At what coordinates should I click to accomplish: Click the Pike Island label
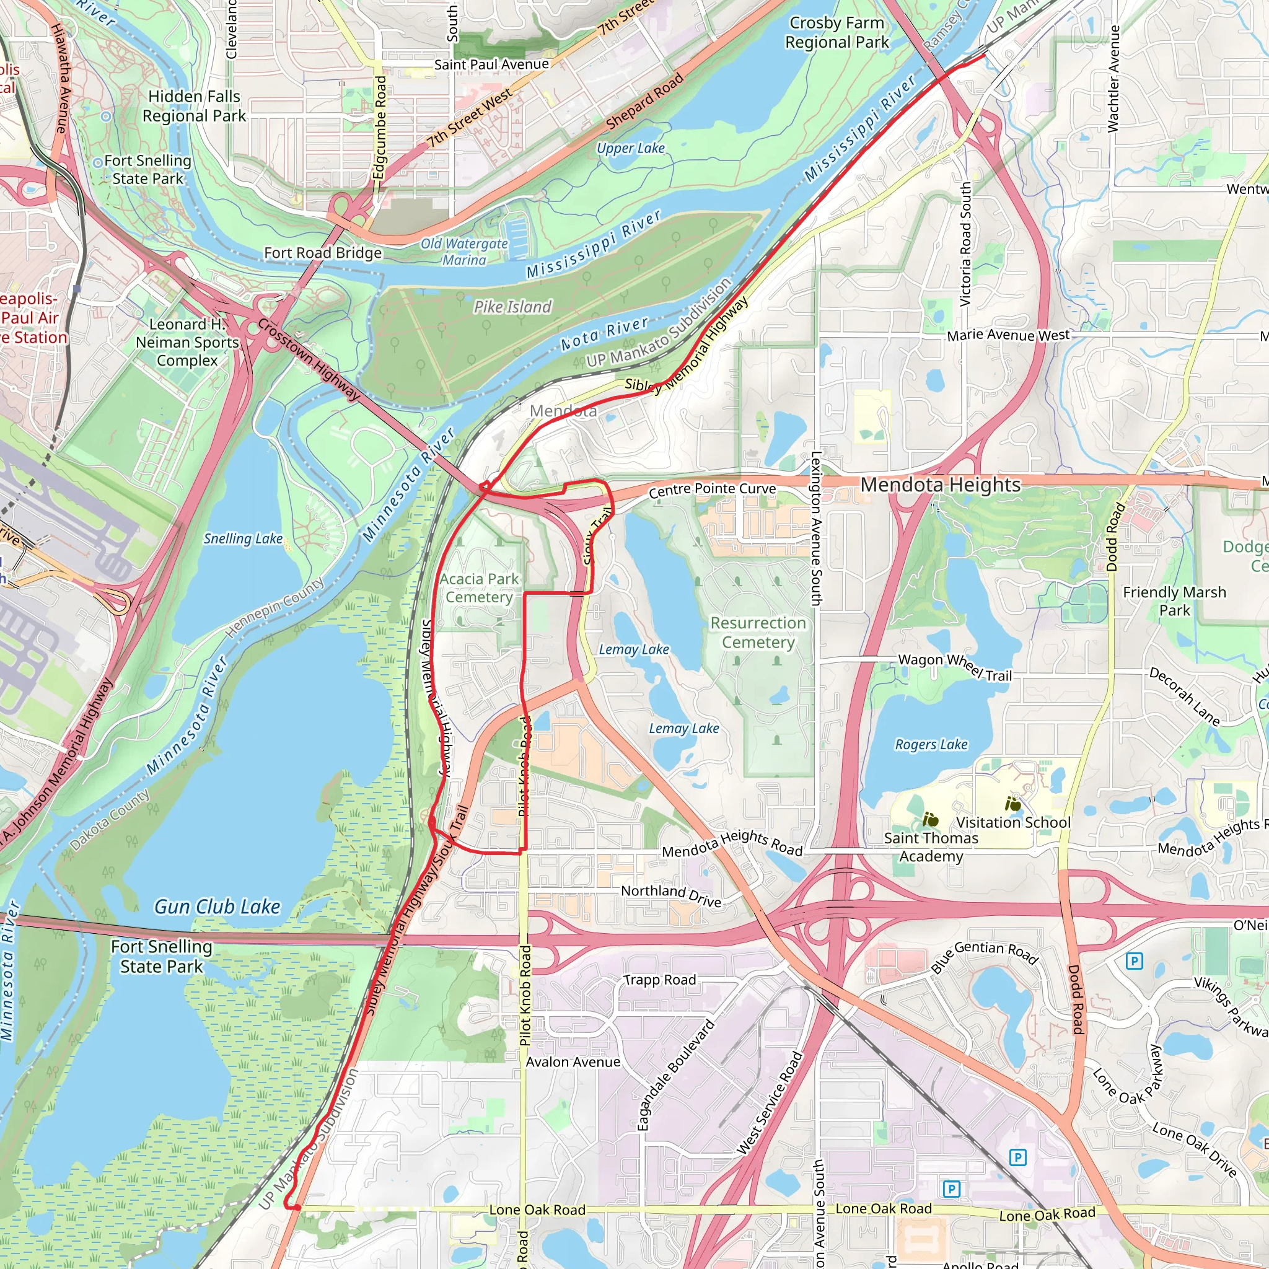point(512,307)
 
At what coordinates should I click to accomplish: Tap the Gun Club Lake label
point(217,907)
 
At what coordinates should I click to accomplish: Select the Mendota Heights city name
point(940,485)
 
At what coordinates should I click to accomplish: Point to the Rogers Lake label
point(931,745)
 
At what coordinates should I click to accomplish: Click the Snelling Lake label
point(242,538)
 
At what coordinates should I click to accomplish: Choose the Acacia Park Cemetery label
point(479,588)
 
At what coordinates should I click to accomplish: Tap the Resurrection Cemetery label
point(758,632)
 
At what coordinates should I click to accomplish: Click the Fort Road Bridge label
point(322,253)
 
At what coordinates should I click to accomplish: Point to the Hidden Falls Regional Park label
point(194,106)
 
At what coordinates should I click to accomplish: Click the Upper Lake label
point(630,149)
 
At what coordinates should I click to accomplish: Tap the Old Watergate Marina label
point(464,252)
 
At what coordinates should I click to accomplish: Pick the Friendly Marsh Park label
point(1174,601)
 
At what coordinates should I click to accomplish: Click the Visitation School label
point(1013,822)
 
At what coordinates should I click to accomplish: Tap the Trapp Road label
point(659,980)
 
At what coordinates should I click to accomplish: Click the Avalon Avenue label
point(573,1062)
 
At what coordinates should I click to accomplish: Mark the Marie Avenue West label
point(1008,336)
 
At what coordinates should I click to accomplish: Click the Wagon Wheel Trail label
point(954,666)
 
